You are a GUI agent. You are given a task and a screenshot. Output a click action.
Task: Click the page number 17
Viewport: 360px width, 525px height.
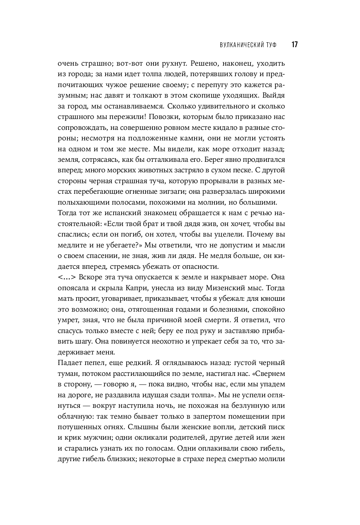tap(294, 45)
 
